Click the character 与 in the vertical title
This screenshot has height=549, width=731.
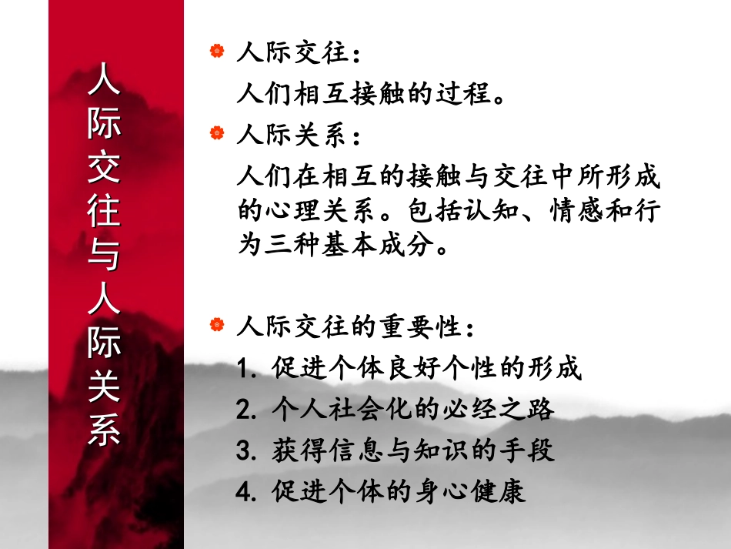104,255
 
